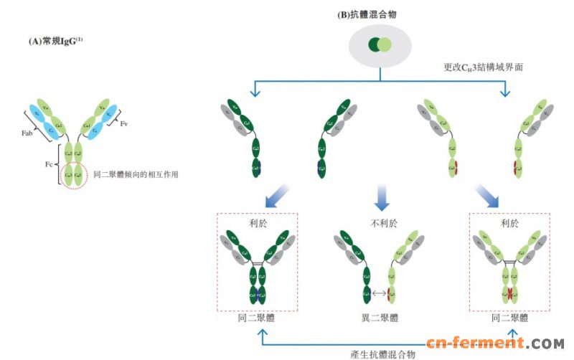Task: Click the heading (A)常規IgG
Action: tap(54, 42)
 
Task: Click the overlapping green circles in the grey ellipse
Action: tap(380, 45)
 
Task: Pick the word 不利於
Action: tap(383, 223)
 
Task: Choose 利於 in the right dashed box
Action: tap(509, 223)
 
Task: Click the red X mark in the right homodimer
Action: tap(509, 293)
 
